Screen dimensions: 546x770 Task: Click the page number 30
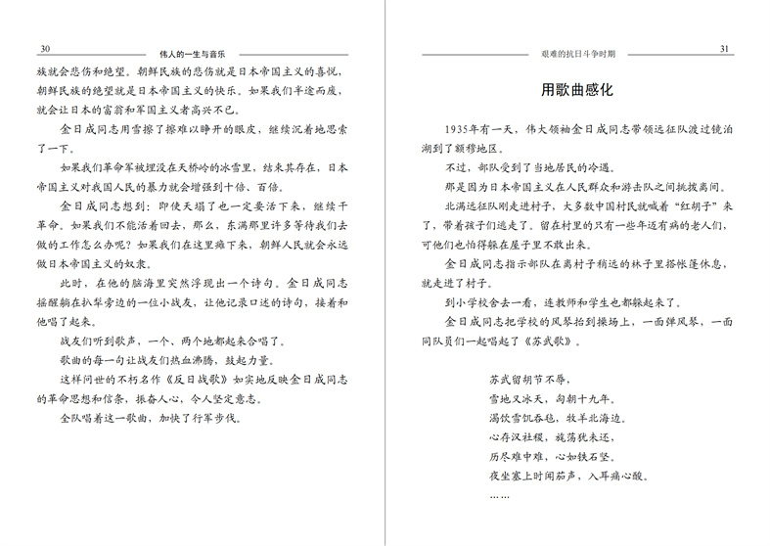click(45, 49)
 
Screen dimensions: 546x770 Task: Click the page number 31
click(724, 49)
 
